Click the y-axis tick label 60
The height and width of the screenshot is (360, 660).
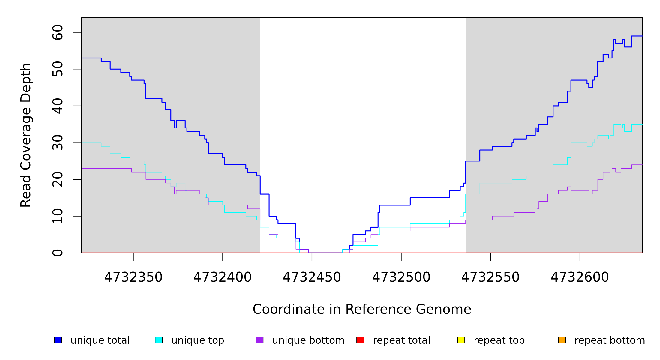pyautogui.click(x=58, y=32)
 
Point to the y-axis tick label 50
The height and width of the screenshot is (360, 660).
pyautogui.click(x=58, y=69)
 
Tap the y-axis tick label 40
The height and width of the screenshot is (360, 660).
pyautogui.click(x=58, y=106)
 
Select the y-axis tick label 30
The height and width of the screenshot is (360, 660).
pyautogui.click(x=58, y=143)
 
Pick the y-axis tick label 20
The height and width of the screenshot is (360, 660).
pyautogui.click(x=58, y=179)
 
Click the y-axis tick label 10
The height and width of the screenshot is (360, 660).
pyautogui.click(x=58, y=216)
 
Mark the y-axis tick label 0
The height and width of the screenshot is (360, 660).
pyautogui.click(x=58, y=253)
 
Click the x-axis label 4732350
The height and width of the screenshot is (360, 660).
pyautogui.click(x=133, y=277)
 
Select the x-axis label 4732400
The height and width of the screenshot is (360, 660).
pyautogui.click(x=223, y=277)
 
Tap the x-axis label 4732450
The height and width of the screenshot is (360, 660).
pyautogui.click(x=312, y=277)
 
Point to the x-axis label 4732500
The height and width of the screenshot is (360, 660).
pyautogui.click(x=401, y=277)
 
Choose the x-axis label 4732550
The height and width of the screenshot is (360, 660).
pyautogui.click(x=490, y=277)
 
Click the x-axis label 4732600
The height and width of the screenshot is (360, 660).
pyautogui.click(x=580, y=277)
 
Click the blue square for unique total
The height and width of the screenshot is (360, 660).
pyautogui.click(x=58, y=340)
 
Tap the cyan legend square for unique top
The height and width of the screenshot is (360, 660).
pyautogui.click(x=159, y=340)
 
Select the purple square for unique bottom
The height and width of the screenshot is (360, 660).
pyautogui.click(x=259, y=340)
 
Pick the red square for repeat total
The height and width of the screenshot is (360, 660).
pyautogui.click(x=360, y=340)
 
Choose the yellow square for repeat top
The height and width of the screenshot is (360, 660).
pyautogui.click(x=461, y=340)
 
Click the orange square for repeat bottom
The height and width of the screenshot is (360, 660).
pyautogui.click(x=562, y=340)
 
